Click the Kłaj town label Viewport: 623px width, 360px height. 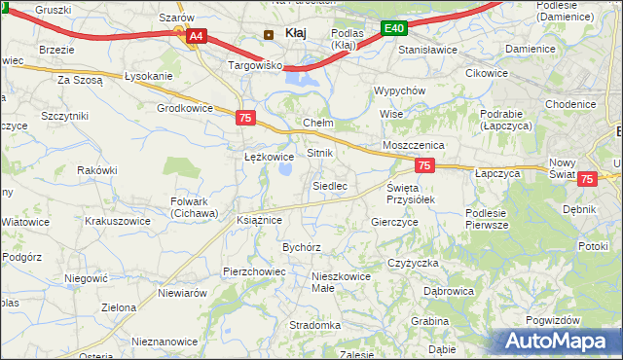(296, 33)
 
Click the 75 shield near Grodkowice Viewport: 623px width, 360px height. (246, 118)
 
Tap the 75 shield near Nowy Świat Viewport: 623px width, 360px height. (587, 179)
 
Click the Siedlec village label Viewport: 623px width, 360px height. (329, 185)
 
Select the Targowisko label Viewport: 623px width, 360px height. (254, 65)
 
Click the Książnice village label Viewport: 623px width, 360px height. (259, 221)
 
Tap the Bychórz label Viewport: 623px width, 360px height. (302, 247)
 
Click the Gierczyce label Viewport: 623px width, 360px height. (394, 222)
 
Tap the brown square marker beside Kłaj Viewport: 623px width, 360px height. (269, 34)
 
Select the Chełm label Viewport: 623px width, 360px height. (318, 124)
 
